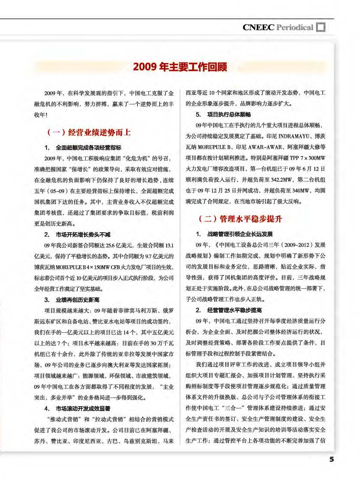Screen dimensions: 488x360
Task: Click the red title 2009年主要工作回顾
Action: pyautogui.click(x=180, y=67)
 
